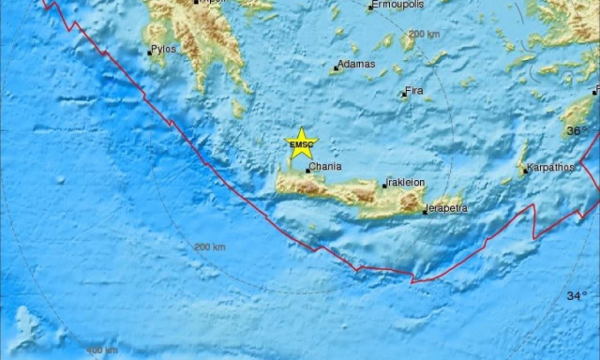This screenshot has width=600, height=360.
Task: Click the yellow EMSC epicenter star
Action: [302, 143]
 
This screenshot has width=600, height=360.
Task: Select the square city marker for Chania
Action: [308, 172]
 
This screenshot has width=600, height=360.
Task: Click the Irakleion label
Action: [407, 182]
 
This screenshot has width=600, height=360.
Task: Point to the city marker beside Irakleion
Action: [384, 185]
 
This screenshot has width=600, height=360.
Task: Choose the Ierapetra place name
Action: [446, 207]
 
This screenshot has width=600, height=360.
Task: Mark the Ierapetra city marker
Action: [424, 211]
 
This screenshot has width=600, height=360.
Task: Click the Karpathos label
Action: [551, 170]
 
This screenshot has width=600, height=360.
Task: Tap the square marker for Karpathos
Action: [526, 172]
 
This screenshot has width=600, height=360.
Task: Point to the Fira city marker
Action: [403, 94]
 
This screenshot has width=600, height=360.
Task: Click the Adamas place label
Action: [357, 65]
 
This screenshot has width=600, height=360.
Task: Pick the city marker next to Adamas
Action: [336, 67]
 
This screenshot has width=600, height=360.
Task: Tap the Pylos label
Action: [165, 49]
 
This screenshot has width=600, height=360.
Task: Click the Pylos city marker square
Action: [149, 52]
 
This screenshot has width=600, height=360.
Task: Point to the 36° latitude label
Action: [575, 132]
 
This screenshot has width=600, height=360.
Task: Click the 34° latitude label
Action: [576, 295]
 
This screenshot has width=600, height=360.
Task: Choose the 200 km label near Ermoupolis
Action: [425, 34]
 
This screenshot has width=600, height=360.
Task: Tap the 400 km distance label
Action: [102, 350]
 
